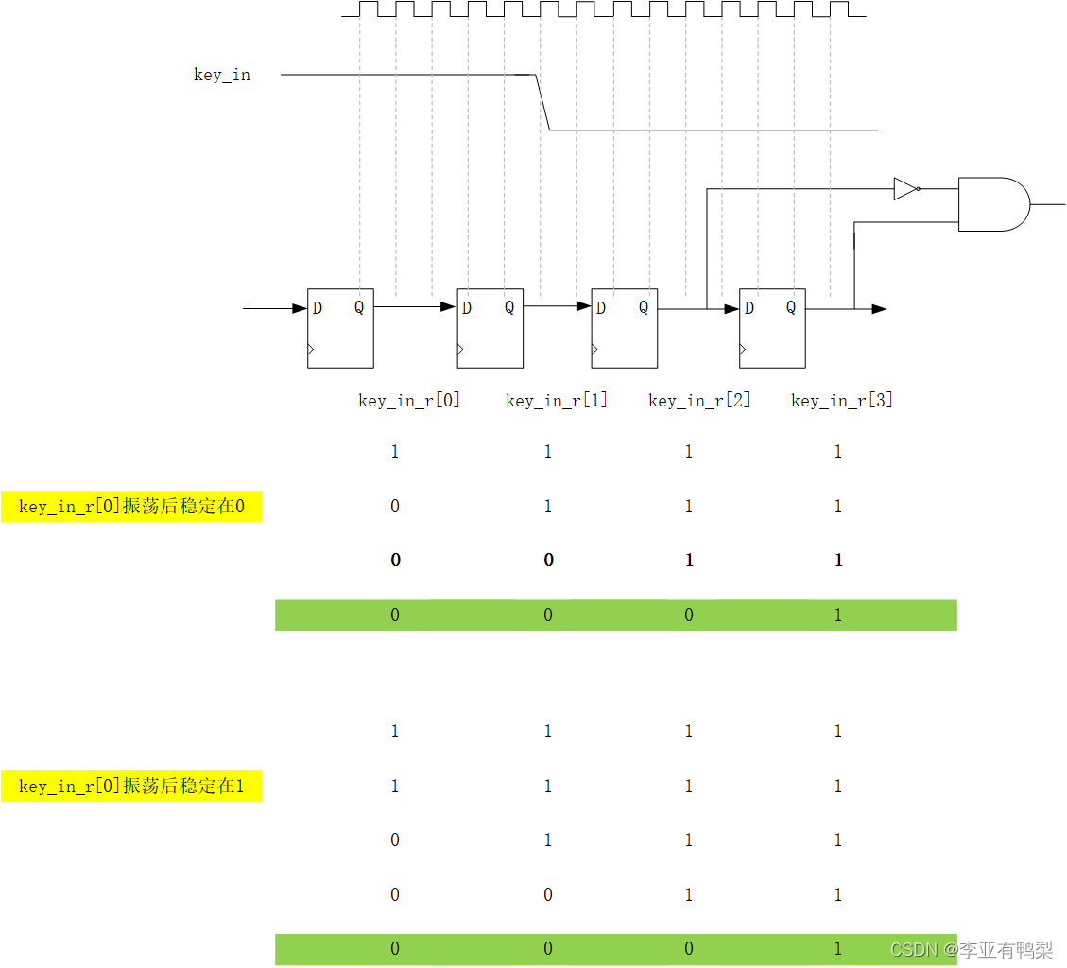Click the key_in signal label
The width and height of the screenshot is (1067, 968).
[x=222, y=75]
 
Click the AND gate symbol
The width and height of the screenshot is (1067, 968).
[x=993, y=204]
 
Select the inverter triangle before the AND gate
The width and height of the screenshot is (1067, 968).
[x=905, y=189]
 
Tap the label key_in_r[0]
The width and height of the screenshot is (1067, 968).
[x=409, y=400]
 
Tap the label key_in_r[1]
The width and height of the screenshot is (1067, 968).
[x=557, y=400]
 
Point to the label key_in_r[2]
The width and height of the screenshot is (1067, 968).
[x=699, y=400]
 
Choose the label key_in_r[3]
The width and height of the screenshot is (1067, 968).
[x=842, y=400]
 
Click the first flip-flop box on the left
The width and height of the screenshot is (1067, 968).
[x=340, y=328]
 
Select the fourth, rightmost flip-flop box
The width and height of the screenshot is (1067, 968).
[x=772, y=328]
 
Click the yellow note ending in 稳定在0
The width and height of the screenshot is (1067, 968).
[x=131, y=507]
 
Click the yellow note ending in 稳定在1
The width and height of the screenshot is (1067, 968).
[x=131, y=786]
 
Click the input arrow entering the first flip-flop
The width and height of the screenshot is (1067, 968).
[x=274, y=308]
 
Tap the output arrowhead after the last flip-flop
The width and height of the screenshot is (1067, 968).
[x=879, y=308]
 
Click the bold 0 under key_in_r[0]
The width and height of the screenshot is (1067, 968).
[x=395, y=561]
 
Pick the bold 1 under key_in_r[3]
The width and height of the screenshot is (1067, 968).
[x=838, y=561]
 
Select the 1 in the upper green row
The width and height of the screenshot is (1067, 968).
[x=838, y=615]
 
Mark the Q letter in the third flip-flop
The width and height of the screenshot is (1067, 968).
[x=644, y=307]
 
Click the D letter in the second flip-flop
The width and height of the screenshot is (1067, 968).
[x=467, y=307]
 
